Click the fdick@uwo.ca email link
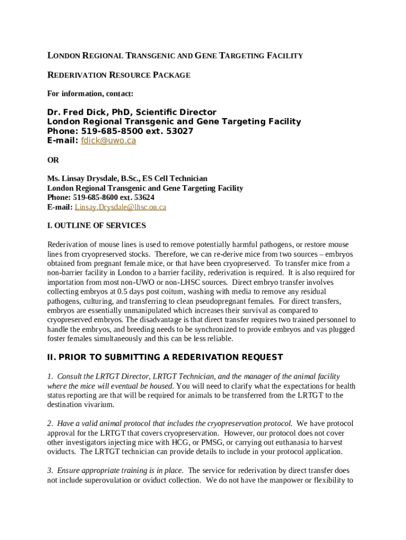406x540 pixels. coord(108,141)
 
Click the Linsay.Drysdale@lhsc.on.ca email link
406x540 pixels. coord(120,207)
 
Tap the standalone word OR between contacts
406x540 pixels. coord(53,160)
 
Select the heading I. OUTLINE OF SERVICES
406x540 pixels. coord(96,226)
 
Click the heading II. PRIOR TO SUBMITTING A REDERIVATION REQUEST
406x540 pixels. coord(165,358)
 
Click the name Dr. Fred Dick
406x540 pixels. coord(76,112)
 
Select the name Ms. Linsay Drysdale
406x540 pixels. coord(83,179)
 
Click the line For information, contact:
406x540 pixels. coord(90,94)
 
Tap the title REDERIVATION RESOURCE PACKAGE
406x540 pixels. coord(119,75)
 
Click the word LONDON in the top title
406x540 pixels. coord(66,56)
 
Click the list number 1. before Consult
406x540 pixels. coord(50,377)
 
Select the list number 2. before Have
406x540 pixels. coord(50,423)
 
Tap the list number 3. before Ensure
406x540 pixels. coord(50,470)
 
